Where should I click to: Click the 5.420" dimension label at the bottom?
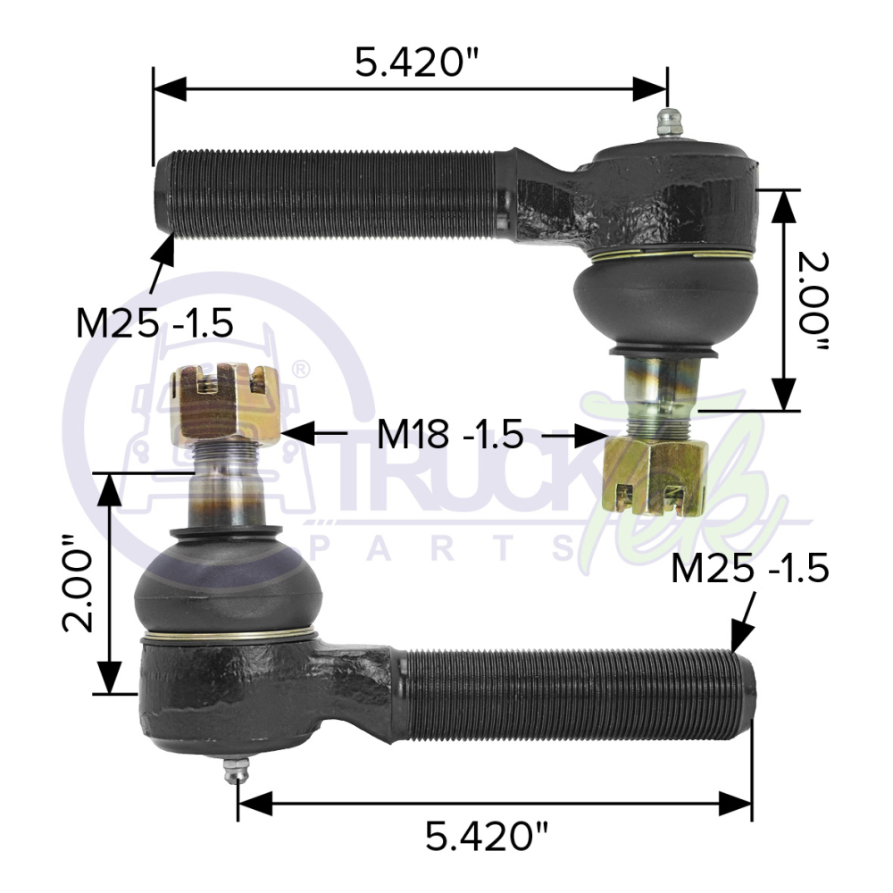(488, 837)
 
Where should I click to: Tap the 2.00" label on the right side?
(813, 301)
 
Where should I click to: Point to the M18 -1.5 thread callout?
(450, 434)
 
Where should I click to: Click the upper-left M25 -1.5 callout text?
(154, 323)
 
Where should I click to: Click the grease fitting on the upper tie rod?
(670, 122)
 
